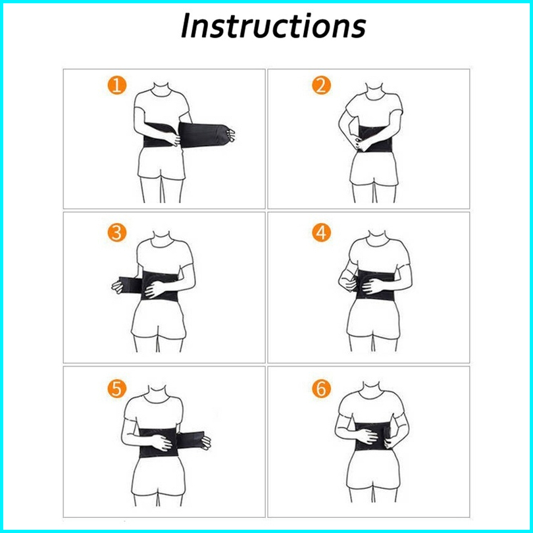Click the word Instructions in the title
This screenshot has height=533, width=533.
[273, 26]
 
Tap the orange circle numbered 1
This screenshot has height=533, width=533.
[117, 85]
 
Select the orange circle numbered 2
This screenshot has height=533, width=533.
[321, 85]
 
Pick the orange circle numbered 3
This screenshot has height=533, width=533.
[117, 233]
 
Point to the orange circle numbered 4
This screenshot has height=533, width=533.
[321, 233]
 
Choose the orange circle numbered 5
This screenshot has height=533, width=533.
[117, 388]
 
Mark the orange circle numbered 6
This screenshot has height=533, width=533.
[321, 388]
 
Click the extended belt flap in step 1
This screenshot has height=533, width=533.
[203, 135]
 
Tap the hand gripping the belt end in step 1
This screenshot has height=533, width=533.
[232, 136]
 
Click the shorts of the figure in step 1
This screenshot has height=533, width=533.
[161, 163]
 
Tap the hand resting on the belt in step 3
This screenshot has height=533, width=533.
[155, 290]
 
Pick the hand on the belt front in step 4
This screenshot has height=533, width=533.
[372, 285]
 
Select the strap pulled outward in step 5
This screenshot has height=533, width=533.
[190, 440]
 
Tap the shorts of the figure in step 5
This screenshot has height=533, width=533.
[159, 476]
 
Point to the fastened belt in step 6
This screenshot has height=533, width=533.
[372, 436]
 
